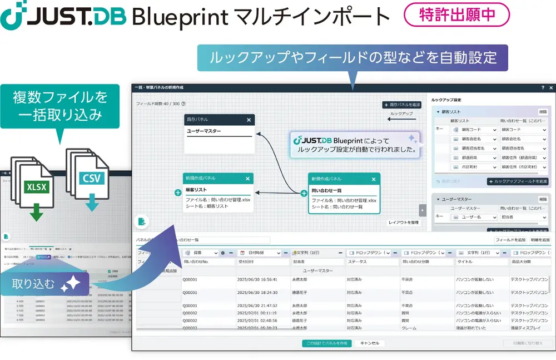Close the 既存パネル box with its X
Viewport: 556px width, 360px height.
(x=249, y=120)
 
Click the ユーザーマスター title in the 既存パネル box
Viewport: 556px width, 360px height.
(x=204, y=131)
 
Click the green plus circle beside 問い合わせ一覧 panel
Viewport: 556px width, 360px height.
(x=304, y=193)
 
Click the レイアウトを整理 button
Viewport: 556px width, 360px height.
(x=403, y=223)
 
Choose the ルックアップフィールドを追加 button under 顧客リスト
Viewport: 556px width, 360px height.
(x=518, y=181)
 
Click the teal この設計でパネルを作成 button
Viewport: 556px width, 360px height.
(x=327, y=343)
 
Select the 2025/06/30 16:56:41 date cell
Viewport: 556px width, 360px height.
(x=257, y=279)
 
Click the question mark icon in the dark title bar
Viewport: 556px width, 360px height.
(x=543, y=88)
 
